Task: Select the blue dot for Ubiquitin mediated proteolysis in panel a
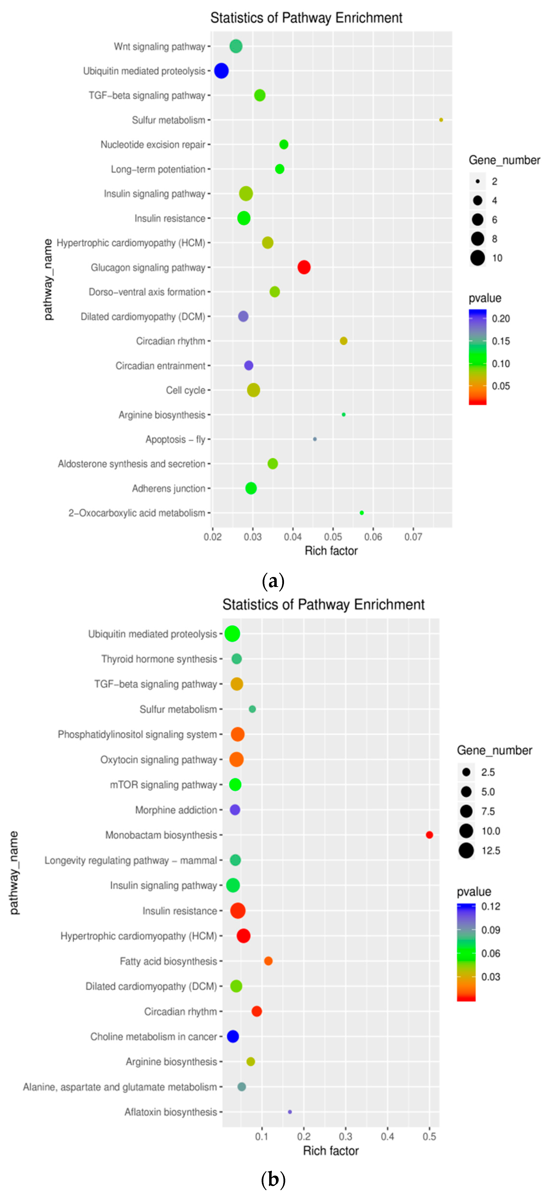tap(221, 71)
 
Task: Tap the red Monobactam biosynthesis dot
tap(429, 835)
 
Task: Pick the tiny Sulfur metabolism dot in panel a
tap(441, 120)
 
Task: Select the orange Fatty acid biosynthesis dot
tap(268, 961)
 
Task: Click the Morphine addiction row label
tap(176, 810)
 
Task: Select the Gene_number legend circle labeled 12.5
tap(466, 851)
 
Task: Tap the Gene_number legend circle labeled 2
tap(478, 181)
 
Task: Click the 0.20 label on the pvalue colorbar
tap(501, 318)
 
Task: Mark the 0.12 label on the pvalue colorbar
tap(490, 906)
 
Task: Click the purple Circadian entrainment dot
tap(249, 365)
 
